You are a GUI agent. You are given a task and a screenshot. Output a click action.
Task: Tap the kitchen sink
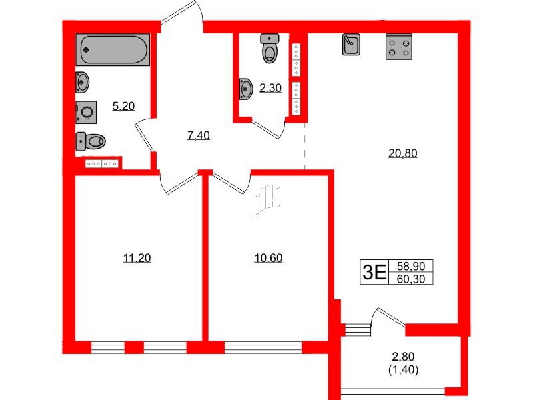351,45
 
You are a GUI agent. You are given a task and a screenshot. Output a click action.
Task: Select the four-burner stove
398,46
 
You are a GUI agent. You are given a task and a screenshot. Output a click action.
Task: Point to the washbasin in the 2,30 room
245,87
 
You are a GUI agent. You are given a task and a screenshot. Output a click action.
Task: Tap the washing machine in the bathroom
86,111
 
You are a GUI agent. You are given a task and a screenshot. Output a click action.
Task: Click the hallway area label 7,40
198,135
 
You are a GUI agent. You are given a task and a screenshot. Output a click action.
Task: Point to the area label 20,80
402,153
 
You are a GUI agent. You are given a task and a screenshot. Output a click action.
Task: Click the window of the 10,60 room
263,347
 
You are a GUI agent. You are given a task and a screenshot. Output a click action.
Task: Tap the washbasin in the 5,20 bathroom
83,82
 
